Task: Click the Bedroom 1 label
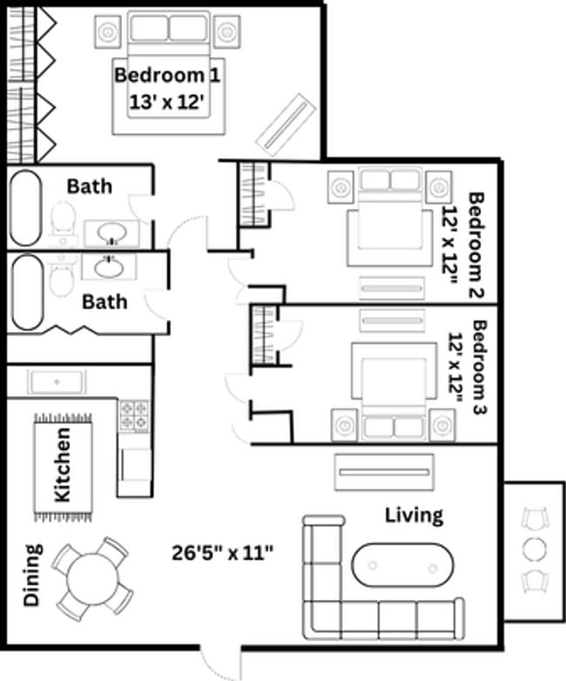click(167, 75)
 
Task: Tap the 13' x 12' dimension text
click(167, 101)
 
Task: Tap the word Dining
click(32, 575)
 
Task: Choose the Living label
click(414, 515)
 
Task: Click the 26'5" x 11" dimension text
click(224, 551)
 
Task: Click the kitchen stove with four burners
click(133, 415)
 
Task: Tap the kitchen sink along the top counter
click(56, 381)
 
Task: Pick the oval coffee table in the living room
click(402, 565)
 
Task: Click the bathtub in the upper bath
click(25, 208)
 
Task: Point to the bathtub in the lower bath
click(26, 292)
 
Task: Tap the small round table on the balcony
click(535, 549)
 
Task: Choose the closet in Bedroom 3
click(264, 334)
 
